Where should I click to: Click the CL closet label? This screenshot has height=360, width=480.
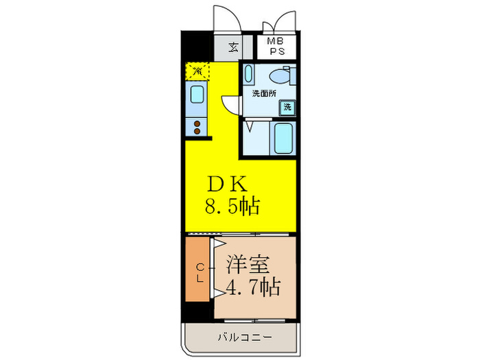200,272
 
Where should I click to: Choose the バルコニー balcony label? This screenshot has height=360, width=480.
245,337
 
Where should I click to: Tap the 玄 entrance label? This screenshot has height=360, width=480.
234,47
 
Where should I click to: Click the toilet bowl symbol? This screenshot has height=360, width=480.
280,77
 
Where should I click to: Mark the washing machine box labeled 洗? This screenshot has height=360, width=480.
288,107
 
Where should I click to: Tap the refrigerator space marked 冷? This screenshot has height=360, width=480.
196,71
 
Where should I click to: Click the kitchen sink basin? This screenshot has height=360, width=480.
197,95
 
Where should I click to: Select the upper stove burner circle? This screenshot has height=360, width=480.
197,123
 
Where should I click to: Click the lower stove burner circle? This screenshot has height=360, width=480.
197,131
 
